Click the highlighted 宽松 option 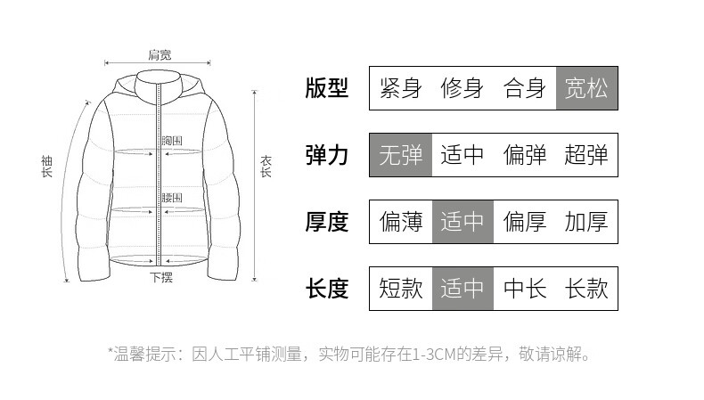pos(586,88)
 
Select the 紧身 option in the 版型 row pos(401,88)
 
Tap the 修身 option pos(463,88)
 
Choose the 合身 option pos(525,88)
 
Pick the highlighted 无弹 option pos(401,155)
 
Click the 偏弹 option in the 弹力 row pos(525,155)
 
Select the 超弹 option pos(586,155)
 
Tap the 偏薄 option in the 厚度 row pos(401,222)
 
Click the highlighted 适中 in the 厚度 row pos(463,222)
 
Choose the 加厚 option pos(586,222)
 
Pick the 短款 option pos(401,289)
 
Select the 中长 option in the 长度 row pos(525,289)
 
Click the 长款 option pos(586,289)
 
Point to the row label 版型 pos(326,88)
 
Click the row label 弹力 pos(326,155)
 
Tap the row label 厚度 pos(326,222)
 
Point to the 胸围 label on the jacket pos(172,141)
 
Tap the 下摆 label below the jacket pos(161,277)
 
